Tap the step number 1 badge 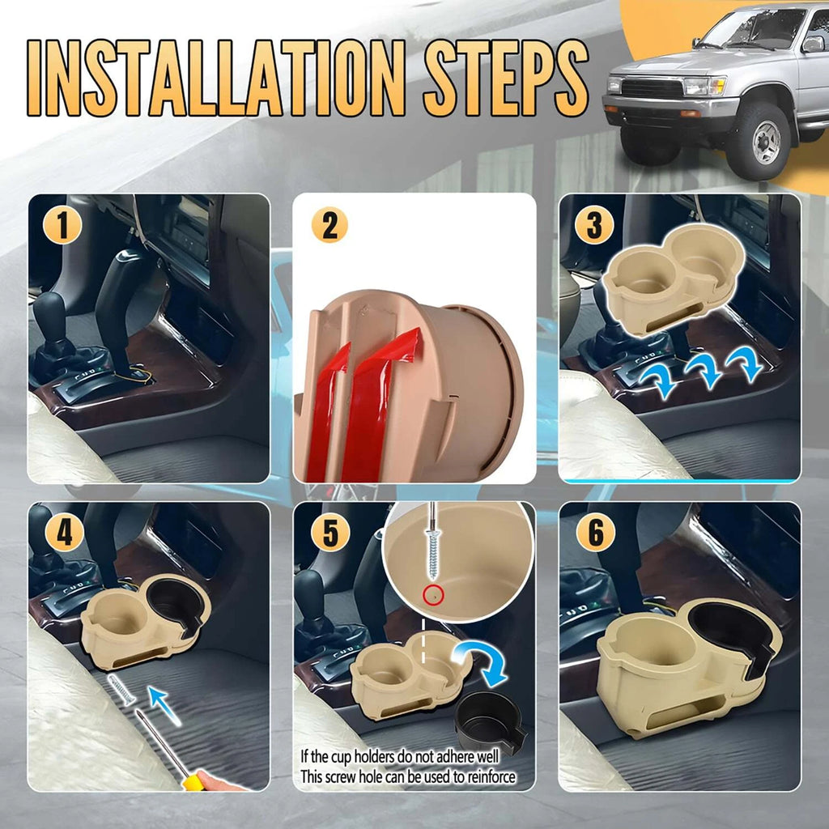(63, 226)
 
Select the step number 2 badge (329, 226)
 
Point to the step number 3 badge (594, 226)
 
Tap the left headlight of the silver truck (702, 86)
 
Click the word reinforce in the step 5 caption (484, 778)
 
